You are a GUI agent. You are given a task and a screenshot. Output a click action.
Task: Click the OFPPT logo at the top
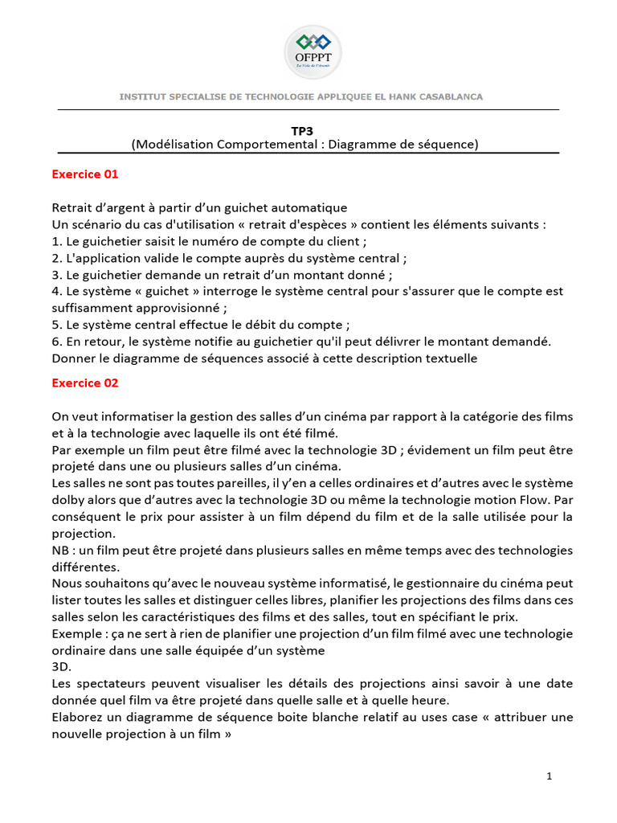pyautogui.click(x=313, y=51)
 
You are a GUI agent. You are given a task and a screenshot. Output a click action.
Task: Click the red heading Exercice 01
pyautogui.click(x=85, y=174)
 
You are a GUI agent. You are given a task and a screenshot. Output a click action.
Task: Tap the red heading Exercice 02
pyautogui.click(x=85, y=383)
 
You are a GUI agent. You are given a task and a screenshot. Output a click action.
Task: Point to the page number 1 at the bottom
pyautogui.click(x=549, y=776)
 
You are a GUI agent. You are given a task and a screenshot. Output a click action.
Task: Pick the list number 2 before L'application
pyautogui.click(x=56, y=258)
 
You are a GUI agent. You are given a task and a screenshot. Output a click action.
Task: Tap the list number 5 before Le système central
pyautogui.click(x=56, y=326)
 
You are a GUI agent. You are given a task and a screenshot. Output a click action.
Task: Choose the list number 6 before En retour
pyautogui.click(x=56, y=342)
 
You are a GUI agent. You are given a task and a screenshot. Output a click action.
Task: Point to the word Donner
pyautogui.click(x=73, y=358)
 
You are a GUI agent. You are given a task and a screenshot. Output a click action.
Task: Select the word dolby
pyautogui.click(x=68, y=500)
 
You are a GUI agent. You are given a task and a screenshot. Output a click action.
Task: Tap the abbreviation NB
pyautogui.click(x=62, y=551)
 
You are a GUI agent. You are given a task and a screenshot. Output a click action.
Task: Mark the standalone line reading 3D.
pyautogui.click(x=61, y=666)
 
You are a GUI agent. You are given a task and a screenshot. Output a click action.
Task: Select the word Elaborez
pyautogui.click(x=78, y=717)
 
